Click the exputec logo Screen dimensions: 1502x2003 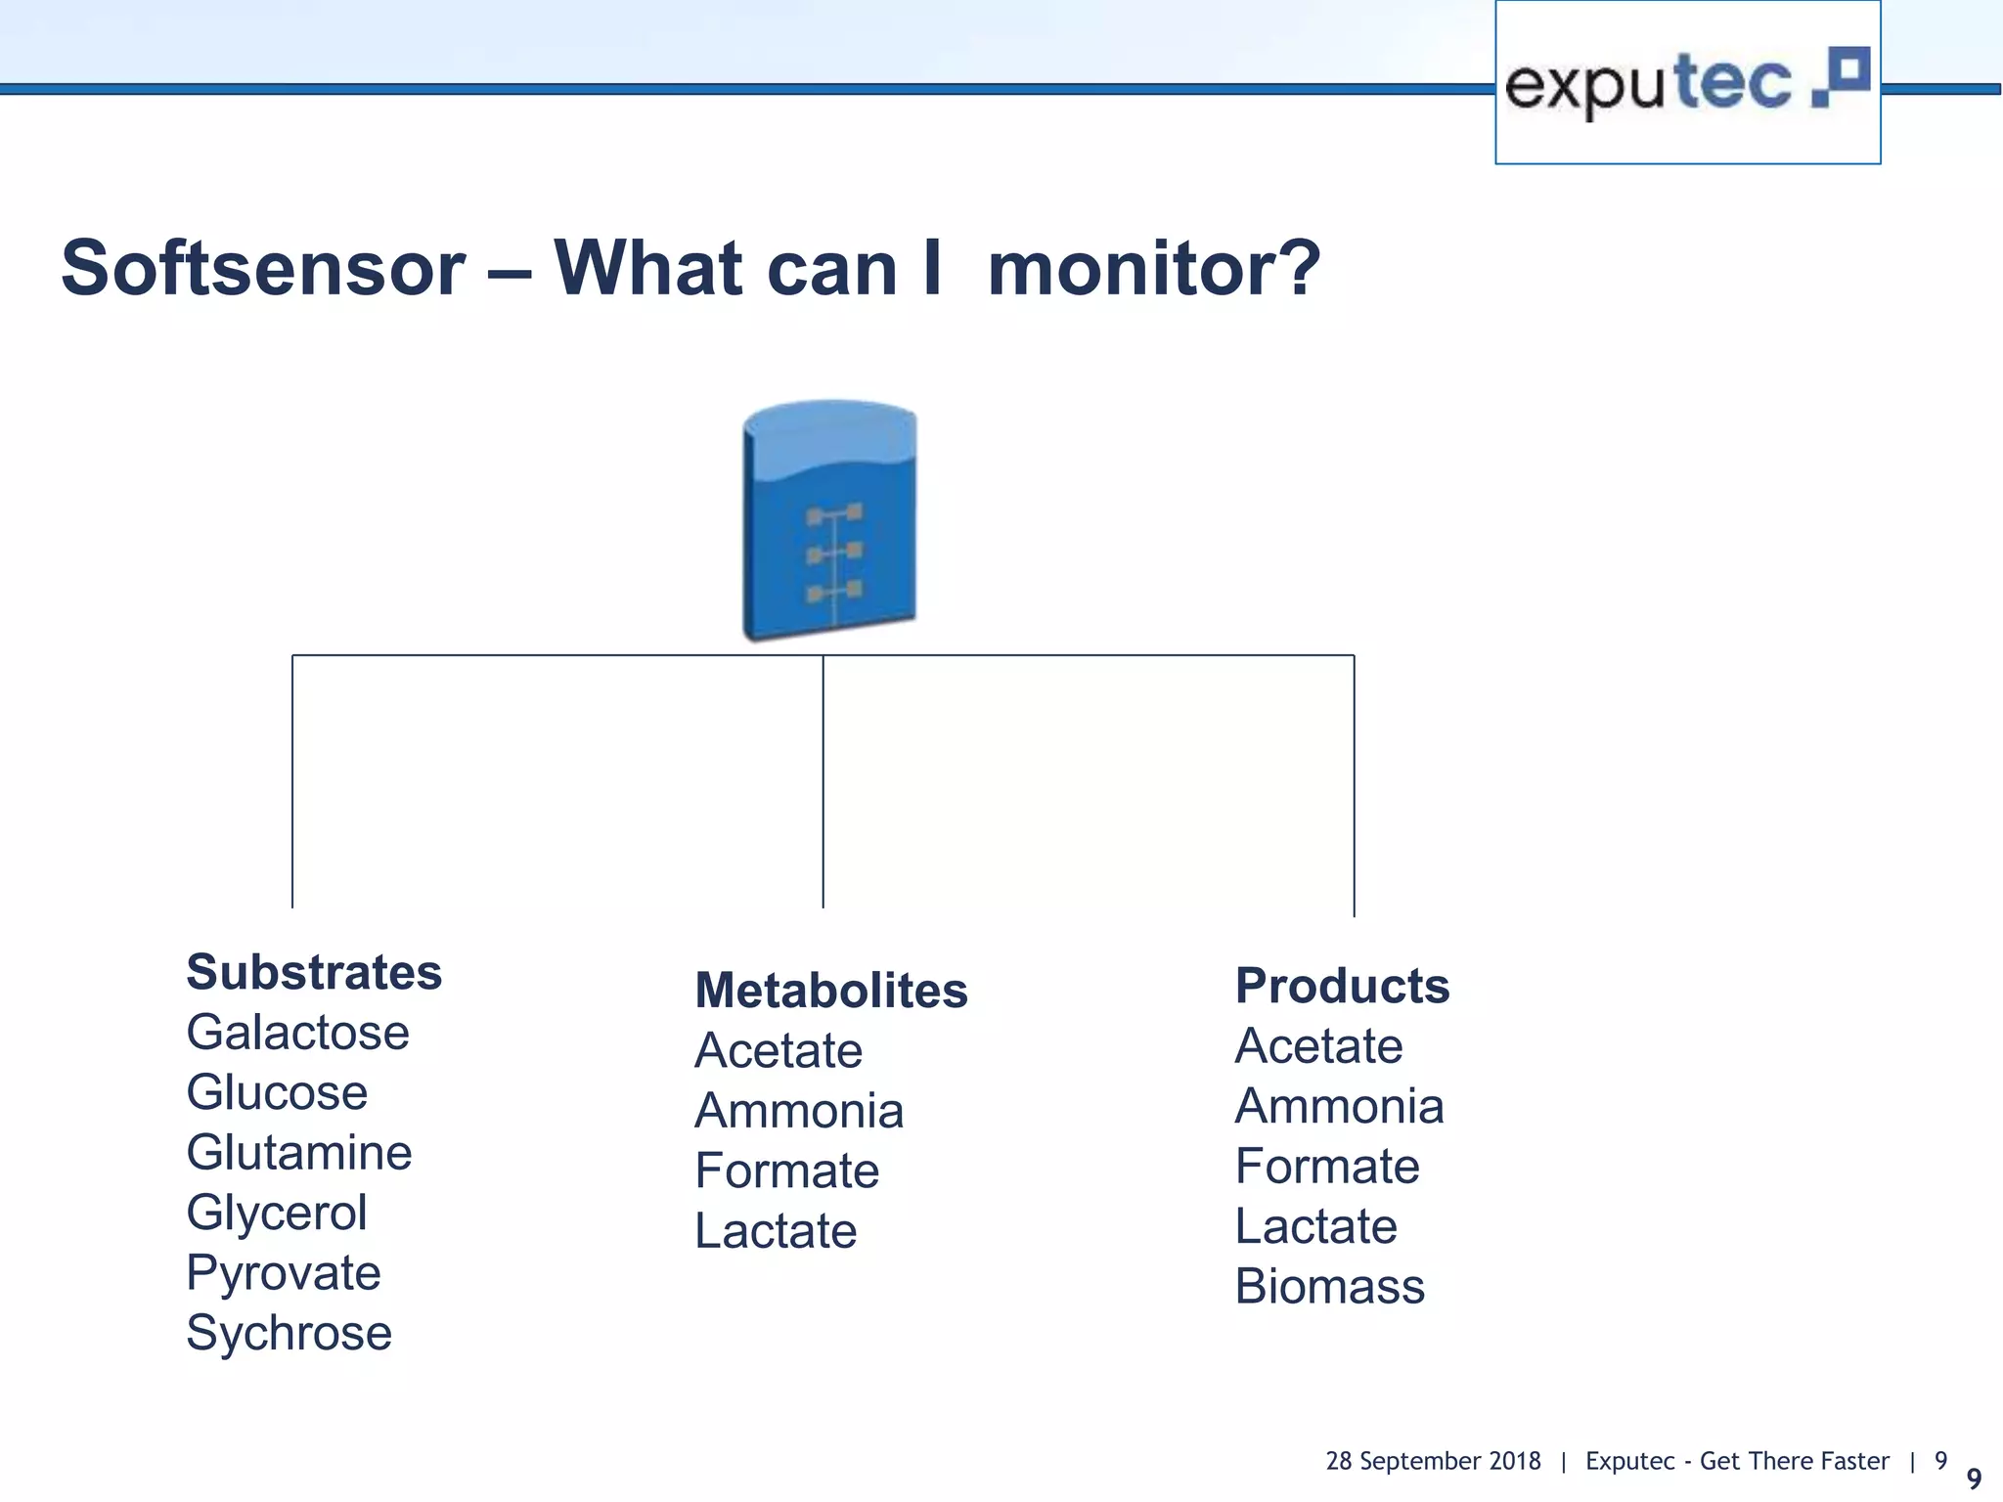pos(1686,83)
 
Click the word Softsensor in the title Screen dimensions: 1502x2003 pos(263,268)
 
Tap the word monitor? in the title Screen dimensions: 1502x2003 pos(1153,268)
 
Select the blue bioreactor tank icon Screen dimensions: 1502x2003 pos(829,519)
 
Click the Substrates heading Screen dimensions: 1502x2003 pos(314,972)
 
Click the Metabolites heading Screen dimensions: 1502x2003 pos(830,990)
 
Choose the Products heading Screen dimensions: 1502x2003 pos(1341,985)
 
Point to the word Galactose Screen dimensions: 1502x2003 pos(297,1033)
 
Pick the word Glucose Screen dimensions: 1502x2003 pos(277,1092)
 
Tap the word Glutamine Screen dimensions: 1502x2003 pos(298,1152)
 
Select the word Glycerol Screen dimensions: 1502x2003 pos(277,1213)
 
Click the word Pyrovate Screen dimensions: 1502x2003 pos(283,1272)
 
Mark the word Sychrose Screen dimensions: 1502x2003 pos(289,1333)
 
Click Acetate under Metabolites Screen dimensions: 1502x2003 pos(778,1050)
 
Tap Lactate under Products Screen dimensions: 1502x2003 pos(1315,1226)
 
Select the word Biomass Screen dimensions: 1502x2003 pos(1329,1286)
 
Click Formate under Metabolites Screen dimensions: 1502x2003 pos(786,1171)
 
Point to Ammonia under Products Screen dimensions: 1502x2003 pos(1339,1106)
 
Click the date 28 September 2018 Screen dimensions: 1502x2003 pos(1432,1461)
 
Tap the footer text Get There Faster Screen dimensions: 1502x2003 pos(1794,1461)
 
